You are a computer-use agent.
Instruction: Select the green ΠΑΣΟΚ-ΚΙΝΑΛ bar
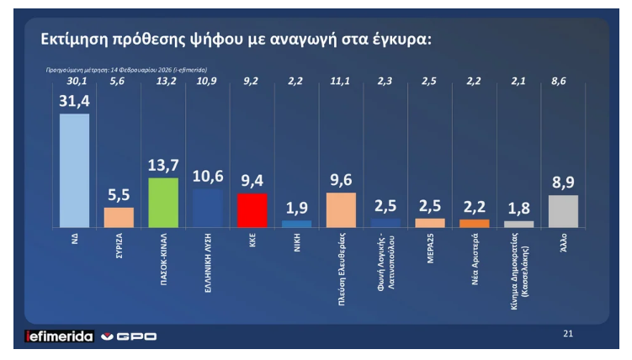(163, 202)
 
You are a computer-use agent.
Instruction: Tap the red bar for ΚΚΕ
(252, 210)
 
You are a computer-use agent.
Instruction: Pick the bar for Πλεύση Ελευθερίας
(341, 209)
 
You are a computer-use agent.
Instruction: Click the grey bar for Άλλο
(564, 211)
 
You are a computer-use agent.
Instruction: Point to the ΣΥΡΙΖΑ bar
(119, 217)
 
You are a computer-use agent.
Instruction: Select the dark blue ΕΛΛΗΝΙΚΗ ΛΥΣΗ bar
(208, 208)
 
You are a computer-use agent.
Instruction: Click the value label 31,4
(74, 102)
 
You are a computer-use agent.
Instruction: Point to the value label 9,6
(341, 181)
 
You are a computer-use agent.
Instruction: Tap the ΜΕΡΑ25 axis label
(431, 247)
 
